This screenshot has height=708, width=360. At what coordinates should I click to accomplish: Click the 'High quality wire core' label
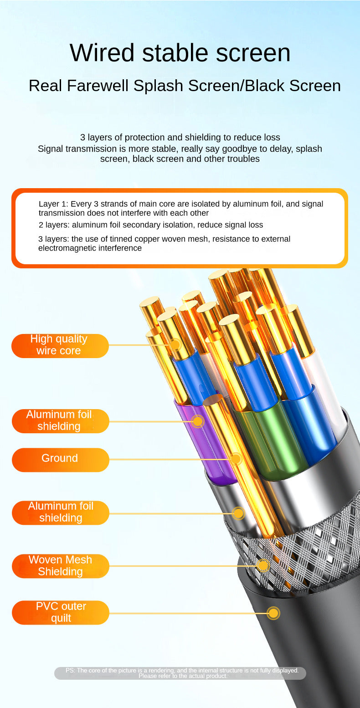click(60, 346)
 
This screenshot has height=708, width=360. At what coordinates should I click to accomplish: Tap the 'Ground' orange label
click(60, 460)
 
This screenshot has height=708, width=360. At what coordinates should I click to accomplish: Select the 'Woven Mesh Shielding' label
click(60, 566)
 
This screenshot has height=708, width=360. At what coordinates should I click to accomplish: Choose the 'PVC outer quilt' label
click(60, 612)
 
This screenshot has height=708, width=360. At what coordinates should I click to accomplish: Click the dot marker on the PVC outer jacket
click(273, 614)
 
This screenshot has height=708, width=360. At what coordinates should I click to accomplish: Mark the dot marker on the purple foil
click(198, 421)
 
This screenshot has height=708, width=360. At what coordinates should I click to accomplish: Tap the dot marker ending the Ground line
click(236, 459)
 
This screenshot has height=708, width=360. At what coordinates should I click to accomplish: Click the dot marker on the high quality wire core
click(175, 344)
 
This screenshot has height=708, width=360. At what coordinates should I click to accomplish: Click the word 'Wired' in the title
click(102, 53)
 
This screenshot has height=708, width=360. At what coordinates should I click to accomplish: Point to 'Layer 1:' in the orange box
click(53, 204)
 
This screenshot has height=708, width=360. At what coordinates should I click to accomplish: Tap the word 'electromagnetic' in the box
click(67, 248)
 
